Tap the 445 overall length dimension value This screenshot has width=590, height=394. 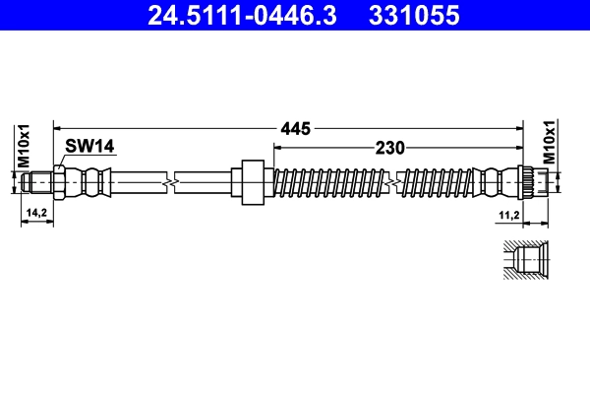pos(295,128)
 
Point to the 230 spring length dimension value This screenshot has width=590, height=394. pos(390,149)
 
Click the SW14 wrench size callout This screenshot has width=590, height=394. pos(89,147)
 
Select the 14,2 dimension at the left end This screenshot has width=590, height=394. pos(36,212)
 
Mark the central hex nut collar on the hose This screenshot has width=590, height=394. pos(251,181)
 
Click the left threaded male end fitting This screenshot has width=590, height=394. pos(39,181)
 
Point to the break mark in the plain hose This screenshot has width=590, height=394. pos(173,181)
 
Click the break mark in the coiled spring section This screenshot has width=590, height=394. pos(395,181)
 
